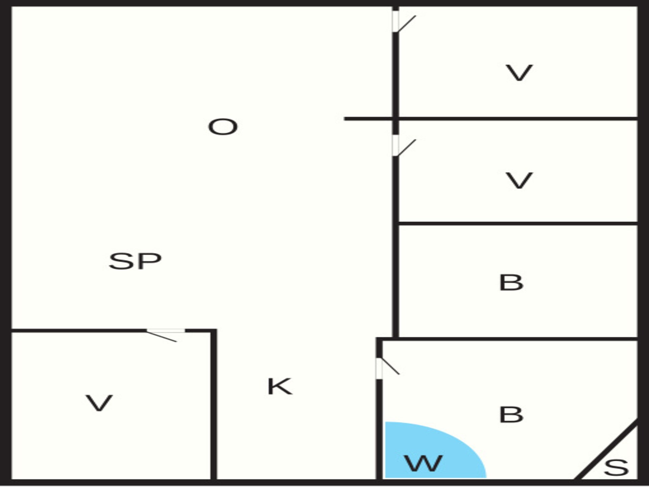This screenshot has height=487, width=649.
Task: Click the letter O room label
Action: coord(223,127)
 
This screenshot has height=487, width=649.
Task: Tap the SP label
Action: coord(135,261)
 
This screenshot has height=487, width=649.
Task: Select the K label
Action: coord(280,386)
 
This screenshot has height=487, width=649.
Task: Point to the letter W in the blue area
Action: coord(424,463)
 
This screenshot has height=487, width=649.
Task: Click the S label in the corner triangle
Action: coord(616,468)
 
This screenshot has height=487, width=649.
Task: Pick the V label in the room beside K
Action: coord(99,403)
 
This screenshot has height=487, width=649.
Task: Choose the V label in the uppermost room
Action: coord(519,73)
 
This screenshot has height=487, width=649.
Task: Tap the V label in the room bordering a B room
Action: coord(519,181)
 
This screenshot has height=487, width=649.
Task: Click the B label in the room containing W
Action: coord(511,415)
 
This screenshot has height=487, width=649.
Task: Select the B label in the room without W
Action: coord(511,283)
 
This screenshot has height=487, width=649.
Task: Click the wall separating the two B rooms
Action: coord(507,339)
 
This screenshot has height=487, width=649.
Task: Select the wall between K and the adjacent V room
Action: coord(214,404)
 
